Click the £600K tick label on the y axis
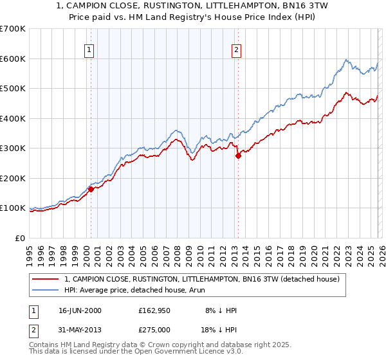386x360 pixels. [12, 59]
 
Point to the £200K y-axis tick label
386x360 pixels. [12, 178]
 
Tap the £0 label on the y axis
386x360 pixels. [19, 238]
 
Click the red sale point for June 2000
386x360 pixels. [91, 189]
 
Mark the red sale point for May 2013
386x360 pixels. [238, 156]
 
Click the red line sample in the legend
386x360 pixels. [46, 280]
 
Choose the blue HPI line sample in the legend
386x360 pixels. [46, 291]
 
